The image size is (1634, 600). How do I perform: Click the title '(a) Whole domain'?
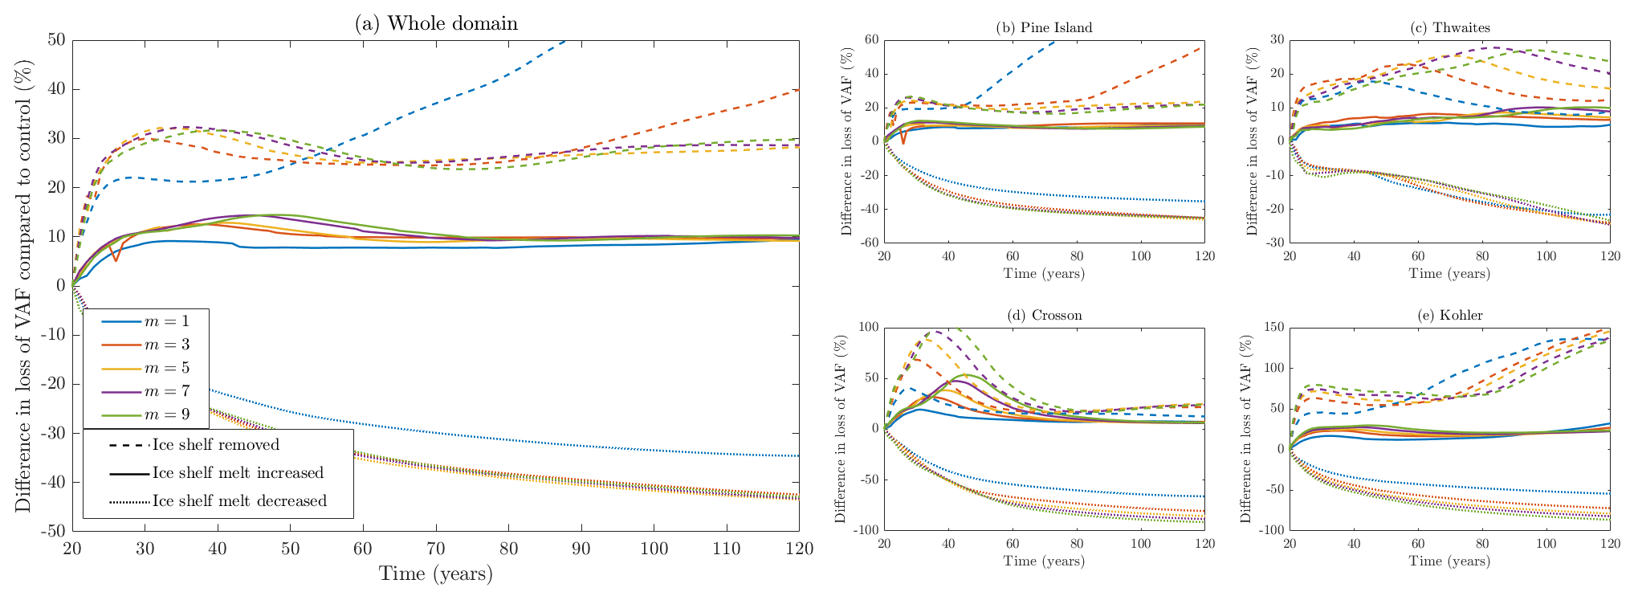(x=436, y=23)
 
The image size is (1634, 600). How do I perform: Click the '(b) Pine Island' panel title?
(x=1044, y=27)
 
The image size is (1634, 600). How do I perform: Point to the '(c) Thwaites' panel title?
(x=1449, y=27)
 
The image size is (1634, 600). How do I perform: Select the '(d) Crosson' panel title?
(x=1044, y=315)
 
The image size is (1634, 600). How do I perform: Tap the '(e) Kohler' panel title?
(x=1449, y=315)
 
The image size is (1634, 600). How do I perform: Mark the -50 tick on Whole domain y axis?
(x=54, y=532)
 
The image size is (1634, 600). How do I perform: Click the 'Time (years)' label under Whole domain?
(x=436, y=573)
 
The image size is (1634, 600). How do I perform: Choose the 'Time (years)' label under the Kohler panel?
(x=1449, y=561)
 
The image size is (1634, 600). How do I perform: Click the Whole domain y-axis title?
(x=23, y=285)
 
